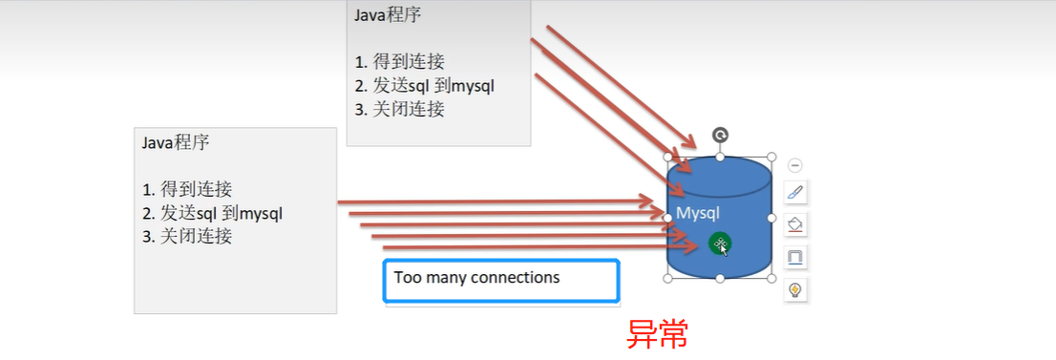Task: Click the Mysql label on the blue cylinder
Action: [698, 212]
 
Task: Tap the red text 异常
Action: [657, 332]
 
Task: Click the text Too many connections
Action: [476, 278]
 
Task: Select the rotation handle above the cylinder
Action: [720, 136]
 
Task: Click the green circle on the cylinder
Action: [721, 244]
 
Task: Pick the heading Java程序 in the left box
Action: [176, 142]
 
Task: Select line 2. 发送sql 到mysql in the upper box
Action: [424, 86]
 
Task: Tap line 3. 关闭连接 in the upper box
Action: [399, 109]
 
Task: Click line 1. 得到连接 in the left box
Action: [187, 189]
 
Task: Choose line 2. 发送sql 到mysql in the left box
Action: [212, 212]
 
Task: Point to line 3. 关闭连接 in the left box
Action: [187, 236]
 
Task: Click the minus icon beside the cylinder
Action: [795, 165]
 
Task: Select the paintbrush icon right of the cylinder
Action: [795, 192]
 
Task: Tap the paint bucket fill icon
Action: [795, 224]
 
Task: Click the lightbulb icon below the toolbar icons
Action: [795, 289]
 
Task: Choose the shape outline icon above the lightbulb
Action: [795, 257]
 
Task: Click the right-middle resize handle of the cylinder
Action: [771, 218]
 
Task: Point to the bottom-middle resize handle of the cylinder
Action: [719, 278]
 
